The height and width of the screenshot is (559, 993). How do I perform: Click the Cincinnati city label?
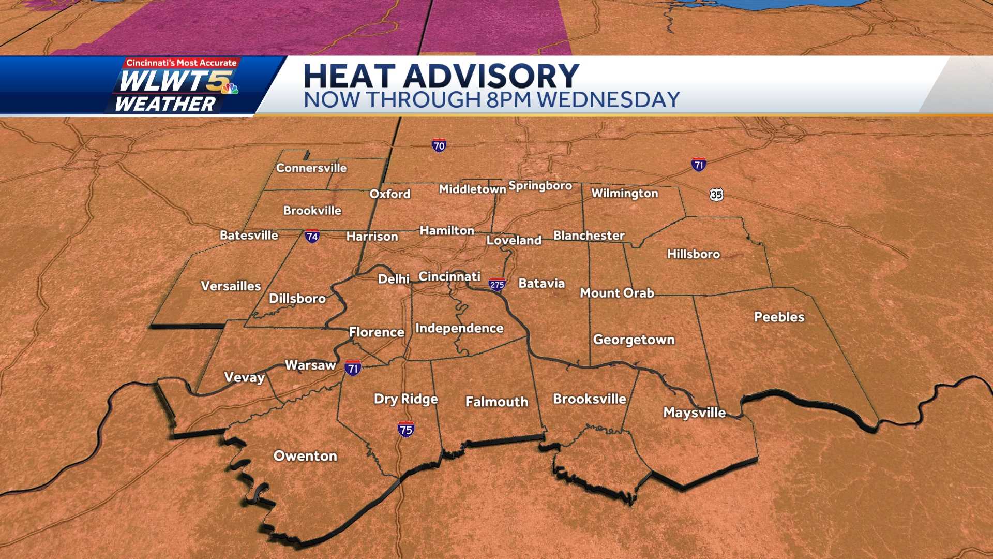click(449, 276)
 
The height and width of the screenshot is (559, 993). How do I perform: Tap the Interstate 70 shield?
click(439, 146)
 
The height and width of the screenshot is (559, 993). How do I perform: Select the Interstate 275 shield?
click(497, 285)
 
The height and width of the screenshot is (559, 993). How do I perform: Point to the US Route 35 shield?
click(716, 195)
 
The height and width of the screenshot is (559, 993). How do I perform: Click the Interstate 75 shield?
click(406, 430)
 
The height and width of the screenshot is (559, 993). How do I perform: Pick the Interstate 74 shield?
click(312, 237)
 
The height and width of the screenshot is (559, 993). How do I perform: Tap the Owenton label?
click(305, 456)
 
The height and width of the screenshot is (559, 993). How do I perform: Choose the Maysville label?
click(694, 413)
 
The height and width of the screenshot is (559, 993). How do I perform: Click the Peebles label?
click(779, 317)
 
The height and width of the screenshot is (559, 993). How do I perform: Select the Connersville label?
click(311, 168)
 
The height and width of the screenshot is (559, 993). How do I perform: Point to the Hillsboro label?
click(693, 254)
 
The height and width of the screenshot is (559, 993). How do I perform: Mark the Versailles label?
click(231, 286)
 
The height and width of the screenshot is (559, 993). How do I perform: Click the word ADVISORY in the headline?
click(491, 76)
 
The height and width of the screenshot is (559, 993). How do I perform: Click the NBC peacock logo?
click(230, 89)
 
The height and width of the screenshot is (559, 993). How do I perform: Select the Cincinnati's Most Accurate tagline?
click(182, 63)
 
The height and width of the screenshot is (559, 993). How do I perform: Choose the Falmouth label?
click(496, 402)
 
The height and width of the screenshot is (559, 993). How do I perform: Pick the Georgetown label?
click(634, 340)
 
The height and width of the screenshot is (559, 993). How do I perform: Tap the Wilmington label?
click(624, 193)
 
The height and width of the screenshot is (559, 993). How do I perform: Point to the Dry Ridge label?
click(405, 399)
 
